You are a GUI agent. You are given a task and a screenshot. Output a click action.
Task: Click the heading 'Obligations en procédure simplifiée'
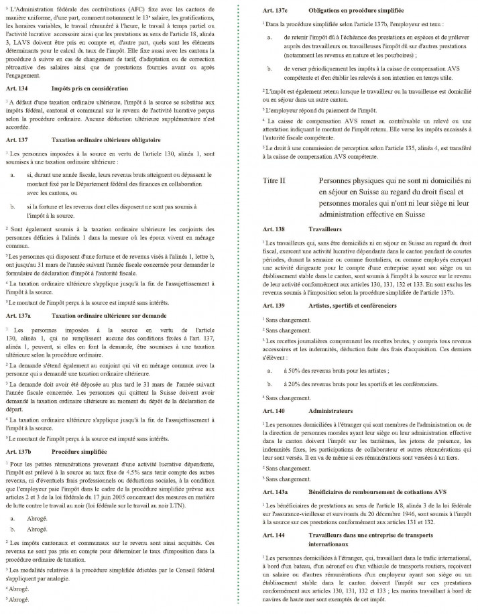[x=360, y=11]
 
